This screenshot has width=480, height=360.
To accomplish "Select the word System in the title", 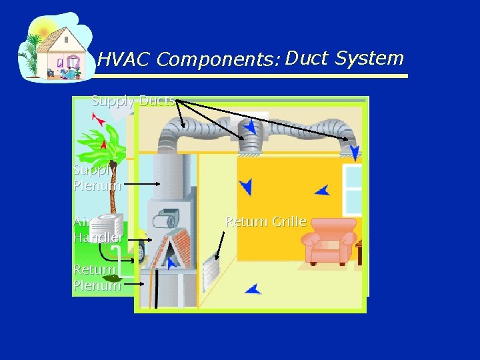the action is pos(370,59).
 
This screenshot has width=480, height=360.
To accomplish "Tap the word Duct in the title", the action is pos(307,59).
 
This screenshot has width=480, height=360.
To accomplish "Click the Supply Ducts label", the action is pos(133,101).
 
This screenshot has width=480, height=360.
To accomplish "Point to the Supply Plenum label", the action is pos(97,178).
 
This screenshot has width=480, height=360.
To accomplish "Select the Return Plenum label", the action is pos(97,278).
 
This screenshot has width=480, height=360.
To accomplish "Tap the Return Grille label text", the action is pos(265,221).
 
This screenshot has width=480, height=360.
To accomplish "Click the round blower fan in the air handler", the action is pos(167,219).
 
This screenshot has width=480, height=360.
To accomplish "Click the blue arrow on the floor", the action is pos(253,289).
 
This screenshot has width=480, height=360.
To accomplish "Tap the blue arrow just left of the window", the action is pos(323,191).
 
